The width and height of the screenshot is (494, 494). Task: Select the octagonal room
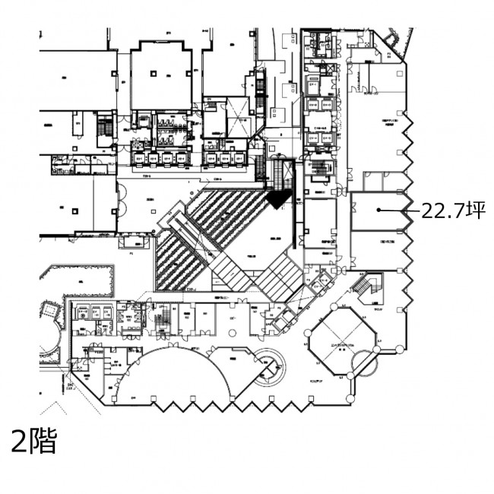click(340, 342)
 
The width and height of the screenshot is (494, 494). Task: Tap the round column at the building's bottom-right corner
click(350, 398)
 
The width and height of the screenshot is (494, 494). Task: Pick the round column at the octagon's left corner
click(306, 343)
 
